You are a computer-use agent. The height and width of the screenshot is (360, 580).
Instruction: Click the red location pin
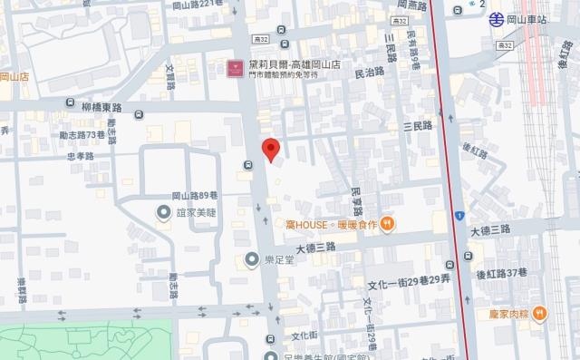(270, 150)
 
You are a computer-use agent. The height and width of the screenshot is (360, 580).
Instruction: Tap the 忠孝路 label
(81, 155)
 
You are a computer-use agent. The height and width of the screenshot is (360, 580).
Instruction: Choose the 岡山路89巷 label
(195, 195)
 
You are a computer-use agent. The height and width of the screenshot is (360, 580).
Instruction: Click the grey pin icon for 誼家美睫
(164, 213)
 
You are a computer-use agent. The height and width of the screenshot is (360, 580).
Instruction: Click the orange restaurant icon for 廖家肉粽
(540, 314)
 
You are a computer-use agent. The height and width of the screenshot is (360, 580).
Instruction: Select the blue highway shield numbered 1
(460, 217)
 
